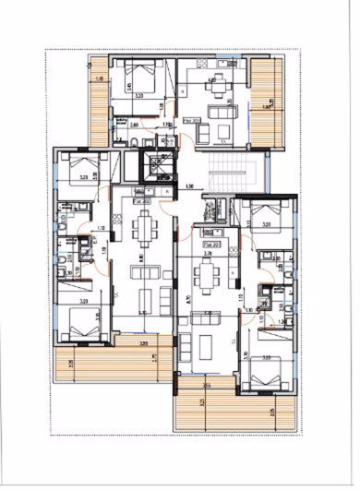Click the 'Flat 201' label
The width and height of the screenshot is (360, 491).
(192, 121)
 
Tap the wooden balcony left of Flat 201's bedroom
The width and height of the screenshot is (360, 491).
(99, 102)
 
